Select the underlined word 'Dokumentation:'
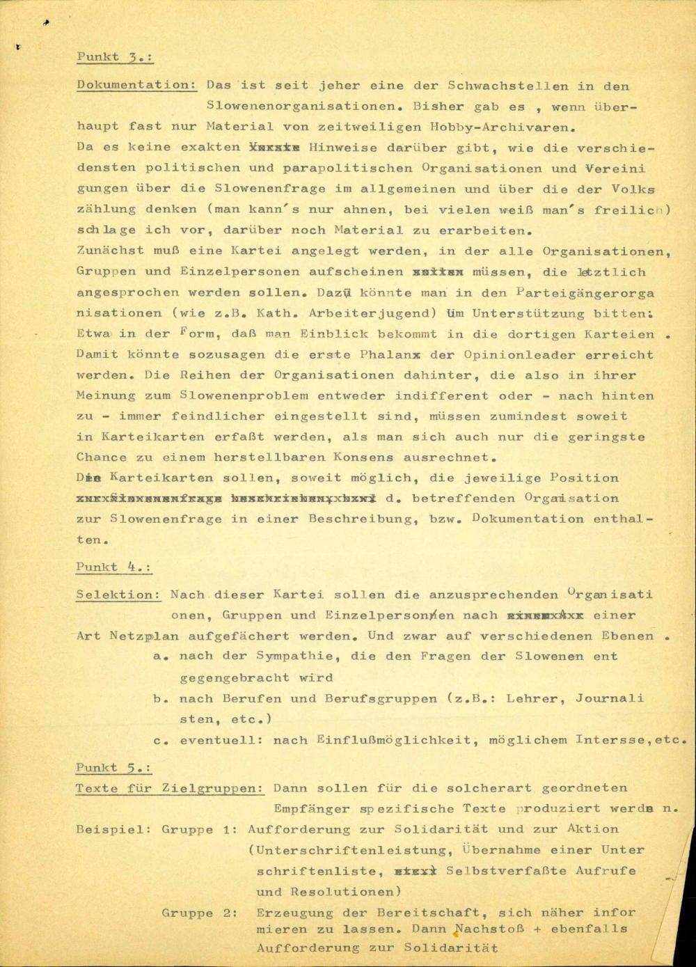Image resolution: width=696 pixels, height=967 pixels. click(136, 85)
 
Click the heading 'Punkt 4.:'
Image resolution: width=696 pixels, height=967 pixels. click(113, 567)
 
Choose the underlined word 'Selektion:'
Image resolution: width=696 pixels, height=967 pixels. click(118, 595)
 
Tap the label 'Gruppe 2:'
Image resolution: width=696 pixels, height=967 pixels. click(199, 912)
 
